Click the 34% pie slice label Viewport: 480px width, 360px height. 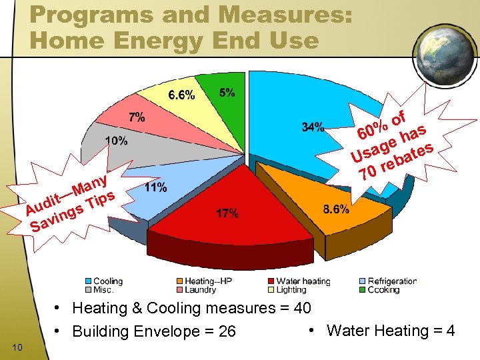313,127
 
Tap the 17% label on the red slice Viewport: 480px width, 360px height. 227,214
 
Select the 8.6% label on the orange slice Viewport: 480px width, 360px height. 335,209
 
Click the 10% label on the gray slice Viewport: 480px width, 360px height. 116,141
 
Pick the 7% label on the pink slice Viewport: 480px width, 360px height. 137,117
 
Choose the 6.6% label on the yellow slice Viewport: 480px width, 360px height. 181,95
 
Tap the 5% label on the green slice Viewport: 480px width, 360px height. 227,93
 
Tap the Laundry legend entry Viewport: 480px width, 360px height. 201,290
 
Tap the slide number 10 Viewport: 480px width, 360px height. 18,347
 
